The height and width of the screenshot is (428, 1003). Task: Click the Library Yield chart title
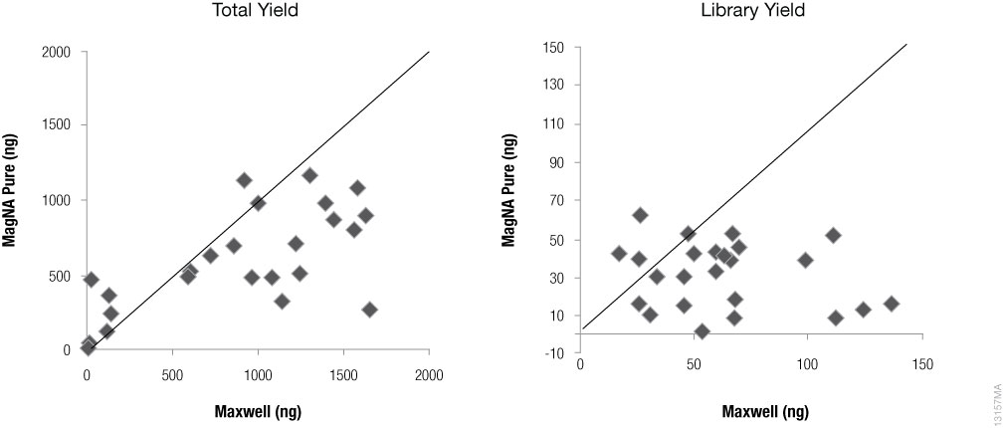[x=754, y=13]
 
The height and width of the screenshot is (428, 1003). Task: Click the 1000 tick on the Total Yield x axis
[x=258, y=369]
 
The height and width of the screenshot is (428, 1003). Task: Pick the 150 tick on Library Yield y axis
[x=552, y=48]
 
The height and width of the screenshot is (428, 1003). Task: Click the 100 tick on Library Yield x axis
[x=807, y=366]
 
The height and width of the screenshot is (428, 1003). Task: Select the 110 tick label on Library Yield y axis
[x=552, y=124]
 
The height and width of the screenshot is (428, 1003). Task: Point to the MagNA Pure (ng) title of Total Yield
[x=18, y=201]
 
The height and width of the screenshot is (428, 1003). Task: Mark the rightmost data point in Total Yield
[x=370, y=310]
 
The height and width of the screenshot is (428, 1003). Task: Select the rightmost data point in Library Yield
[x=892, y=304]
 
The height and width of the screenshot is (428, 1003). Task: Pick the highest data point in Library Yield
[x=640, y=215]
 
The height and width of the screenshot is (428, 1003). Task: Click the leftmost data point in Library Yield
[x=618, y=254]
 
